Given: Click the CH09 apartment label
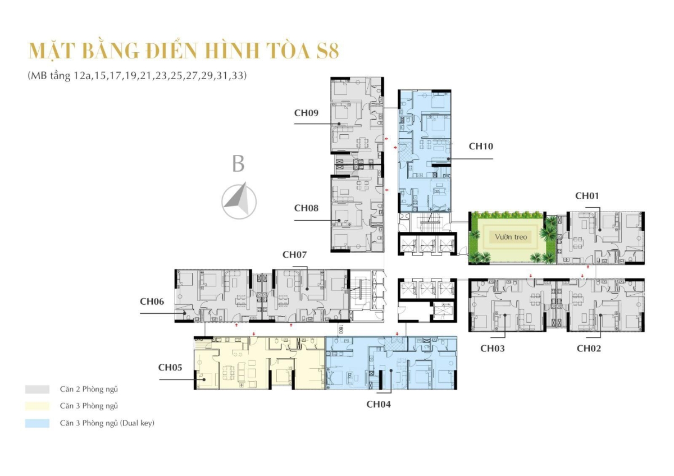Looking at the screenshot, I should (x=306, y=112).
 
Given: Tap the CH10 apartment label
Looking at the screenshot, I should (x=481, y=146).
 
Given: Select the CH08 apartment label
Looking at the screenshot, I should (x=306, y=208).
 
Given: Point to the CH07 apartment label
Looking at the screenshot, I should (x=294, y=254).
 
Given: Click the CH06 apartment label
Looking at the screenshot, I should (x=152, y=301).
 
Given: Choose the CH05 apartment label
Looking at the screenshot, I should (x=170, y=368).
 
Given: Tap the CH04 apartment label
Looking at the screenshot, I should (x=379, y=404).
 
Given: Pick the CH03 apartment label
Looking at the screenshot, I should (x=492, y=348).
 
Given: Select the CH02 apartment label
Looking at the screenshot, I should (x=589, y=348).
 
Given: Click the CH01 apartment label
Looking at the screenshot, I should (x=587, y=196).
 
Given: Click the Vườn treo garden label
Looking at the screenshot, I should (x=511, y=237).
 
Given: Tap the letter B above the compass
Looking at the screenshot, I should (x=238, y=164).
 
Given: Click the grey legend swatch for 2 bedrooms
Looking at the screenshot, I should (x=34, y=389).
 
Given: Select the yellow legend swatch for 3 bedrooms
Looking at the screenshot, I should (x=34, y=406).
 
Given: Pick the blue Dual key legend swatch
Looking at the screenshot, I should (x=34, y=423).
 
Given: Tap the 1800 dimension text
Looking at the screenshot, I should (x=340, y=331).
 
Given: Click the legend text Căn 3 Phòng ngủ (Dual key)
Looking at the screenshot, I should (x=107, y=423).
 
